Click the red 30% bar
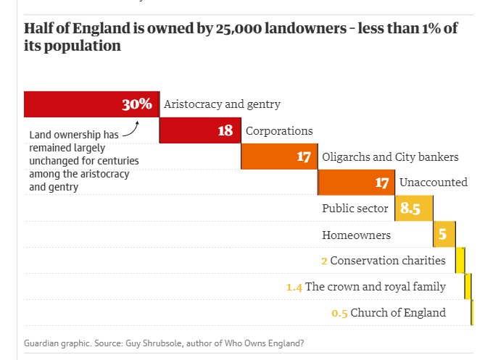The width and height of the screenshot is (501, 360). pyautogui.click(x=91, y=104)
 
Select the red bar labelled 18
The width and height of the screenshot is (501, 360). pyautogui.click(x=199, y=131)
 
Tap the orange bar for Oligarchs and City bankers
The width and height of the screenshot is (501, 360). pyautogui.click(x=279, y=157)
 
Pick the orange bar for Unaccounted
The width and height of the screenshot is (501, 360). pyautogui.click(x=356, y=183)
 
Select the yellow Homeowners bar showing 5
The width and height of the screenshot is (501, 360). pyautogui.click(x=444, y=235)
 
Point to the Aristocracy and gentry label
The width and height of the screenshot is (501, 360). pyautogui.click(x=222, y=104)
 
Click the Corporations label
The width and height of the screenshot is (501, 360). pyautogui.click(x=279, y=131)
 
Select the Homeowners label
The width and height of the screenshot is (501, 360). pyautogui.click(x=356, y=235)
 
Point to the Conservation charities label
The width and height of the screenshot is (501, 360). pyautogui.click(x=389, y=261)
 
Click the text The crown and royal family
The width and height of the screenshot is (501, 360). pyautogui.click(x=376, y=287)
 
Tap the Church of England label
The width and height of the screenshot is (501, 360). pyautogui.click(x=399, y=313)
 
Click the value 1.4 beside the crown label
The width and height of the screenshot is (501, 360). pyautogui.click(x=294, y=287)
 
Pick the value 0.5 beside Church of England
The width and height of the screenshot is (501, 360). pyautogui.click(x=339, y=313)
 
